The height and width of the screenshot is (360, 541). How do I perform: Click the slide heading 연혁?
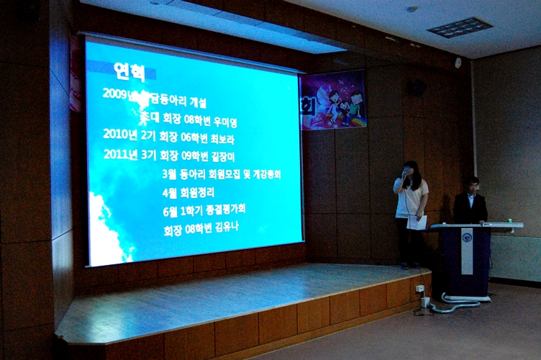pyautogui.click(x=129, y=71)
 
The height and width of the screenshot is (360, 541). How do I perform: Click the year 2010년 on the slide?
pyautogui.click(x=118, y=133)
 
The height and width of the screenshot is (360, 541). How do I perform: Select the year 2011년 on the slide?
pyautogui.click(x=118, y=153)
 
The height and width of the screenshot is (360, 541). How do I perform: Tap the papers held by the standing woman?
pyautogui.click(x=417, y=222)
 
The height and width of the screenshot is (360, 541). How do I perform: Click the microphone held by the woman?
pyautogui.click(x=405, y=174)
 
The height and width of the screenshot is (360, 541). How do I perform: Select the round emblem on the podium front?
pyautogui.click(x=467, y=237)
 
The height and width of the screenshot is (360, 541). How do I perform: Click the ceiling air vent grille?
pyautogui.click(x=459, y=27)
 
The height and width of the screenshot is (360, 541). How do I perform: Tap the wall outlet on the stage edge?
pyautogui.click(x=419, y=288)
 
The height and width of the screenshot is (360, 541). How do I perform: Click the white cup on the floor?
pyautogui.click(x=426, y=302)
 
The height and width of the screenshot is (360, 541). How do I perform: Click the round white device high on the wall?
pyautogui.click(x=458, y=63)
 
